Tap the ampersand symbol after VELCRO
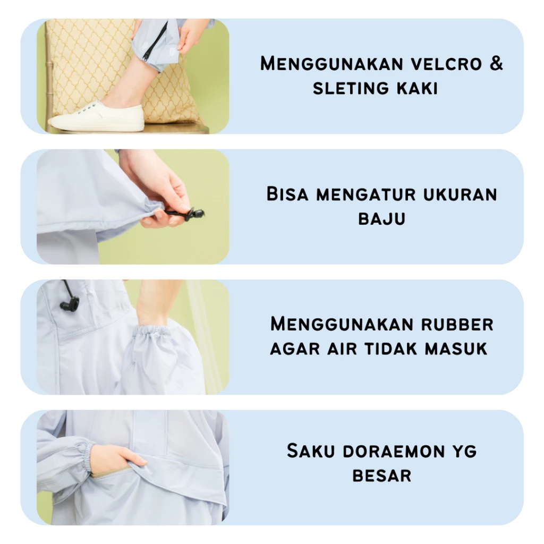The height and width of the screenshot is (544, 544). click(495, 64)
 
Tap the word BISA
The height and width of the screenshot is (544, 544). click(287, 194)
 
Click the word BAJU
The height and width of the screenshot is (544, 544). click(381, 218)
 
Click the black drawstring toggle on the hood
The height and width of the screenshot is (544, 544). click(70, 303)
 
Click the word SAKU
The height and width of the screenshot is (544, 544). click(311, 451)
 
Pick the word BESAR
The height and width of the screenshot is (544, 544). click(381, 475)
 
